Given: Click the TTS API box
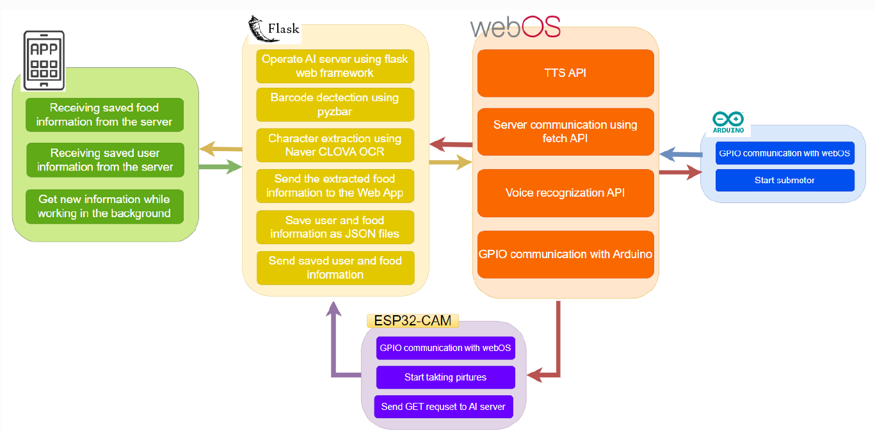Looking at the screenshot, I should coord(565,73).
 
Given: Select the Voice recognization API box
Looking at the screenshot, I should coord(565,193).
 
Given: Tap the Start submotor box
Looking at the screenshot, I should coord(785,181).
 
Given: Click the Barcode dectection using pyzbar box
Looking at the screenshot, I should coord(335,104).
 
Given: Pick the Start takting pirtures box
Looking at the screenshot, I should coord(446,377).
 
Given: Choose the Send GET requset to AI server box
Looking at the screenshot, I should coord(444,407).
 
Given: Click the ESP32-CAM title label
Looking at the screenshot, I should coord(412,320).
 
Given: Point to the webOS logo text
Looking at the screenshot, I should coord(515,26).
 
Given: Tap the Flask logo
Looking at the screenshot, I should coord(273,28).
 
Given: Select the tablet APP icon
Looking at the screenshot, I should coord(44,60).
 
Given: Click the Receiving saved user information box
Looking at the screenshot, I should coord(105,160).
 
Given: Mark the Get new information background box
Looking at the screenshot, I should coord(104,206).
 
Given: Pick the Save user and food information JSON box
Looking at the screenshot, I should coord(335,227).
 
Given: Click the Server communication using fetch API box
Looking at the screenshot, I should coord(565,131).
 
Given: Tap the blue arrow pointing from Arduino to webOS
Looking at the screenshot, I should coord(680,154).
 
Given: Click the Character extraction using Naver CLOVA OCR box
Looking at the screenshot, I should coord(335,145).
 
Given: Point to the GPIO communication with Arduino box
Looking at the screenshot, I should coord(565,254).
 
